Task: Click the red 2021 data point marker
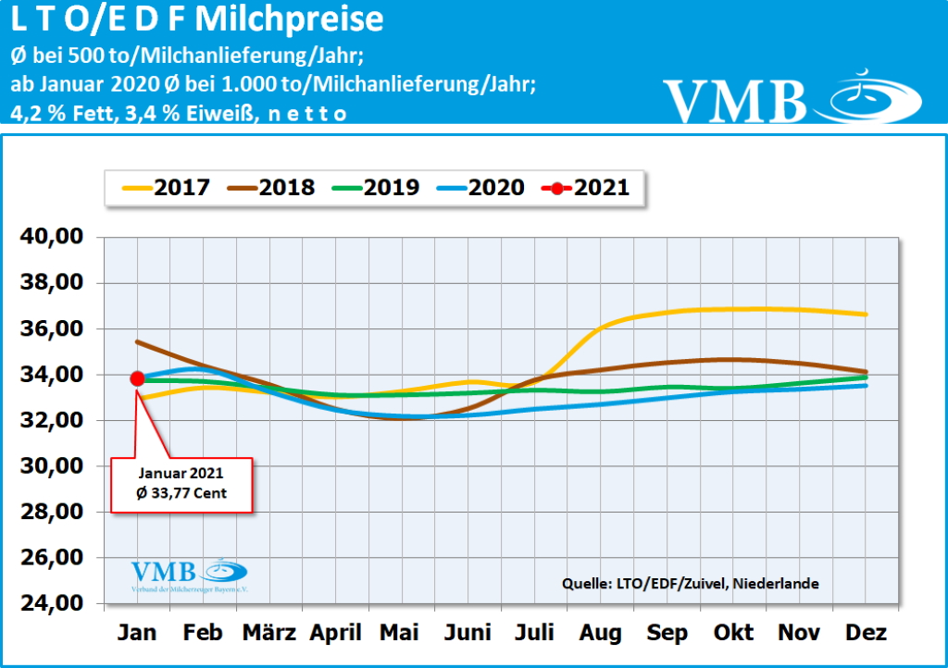[137, 377]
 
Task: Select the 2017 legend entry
[167, 188]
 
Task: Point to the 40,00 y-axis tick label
[52, 238]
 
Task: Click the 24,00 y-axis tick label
[52, 604]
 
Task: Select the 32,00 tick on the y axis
[52, 421]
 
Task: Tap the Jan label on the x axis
[137, 634]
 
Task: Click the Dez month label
[867, 634]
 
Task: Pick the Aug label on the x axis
[601, 634]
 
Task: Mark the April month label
[335, 634]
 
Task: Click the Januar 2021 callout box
[181, 484]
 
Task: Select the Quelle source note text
[690, 584]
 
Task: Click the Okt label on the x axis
[733, 634]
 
